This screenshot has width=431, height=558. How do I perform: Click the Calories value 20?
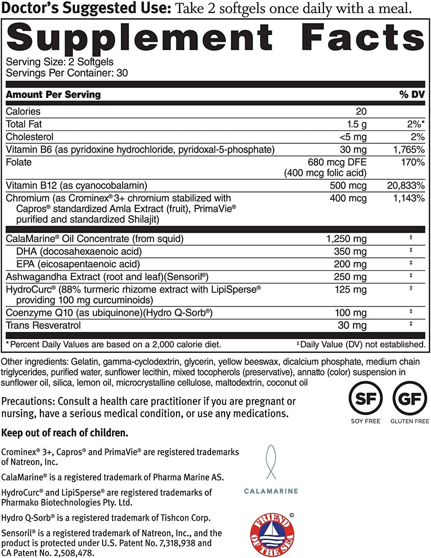click(x=361, y=111)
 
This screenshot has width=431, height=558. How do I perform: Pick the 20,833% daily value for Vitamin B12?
click(x=406, y=185)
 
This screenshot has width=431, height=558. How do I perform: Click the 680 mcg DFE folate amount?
click(x=337, y=162)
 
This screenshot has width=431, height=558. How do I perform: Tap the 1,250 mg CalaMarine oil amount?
click(x=346, y=239)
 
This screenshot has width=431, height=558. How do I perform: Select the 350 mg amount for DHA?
click(x=350, y=251)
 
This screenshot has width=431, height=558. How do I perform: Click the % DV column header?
click(x=412, y=94)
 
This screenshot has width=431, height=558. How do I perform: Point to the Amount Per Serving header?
click(x=53, y=94)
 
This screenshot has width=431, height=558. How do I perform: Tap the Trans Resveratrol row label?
click(x=43, y=325)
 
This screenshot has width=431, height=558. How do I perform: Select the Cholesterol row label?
click(x=30, y=137)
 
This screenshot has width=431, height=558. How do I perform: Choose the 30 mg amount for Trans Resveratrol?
click(x=352, y=325)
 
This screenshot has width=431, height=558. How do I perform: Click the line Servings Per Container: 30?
click(x=67, y=73)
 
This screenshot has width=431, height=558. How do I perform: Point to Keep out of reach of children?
click(x=65, y=433)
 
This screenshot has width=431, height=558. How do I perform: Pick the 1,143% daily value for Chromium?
click(x=409, y=198)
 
